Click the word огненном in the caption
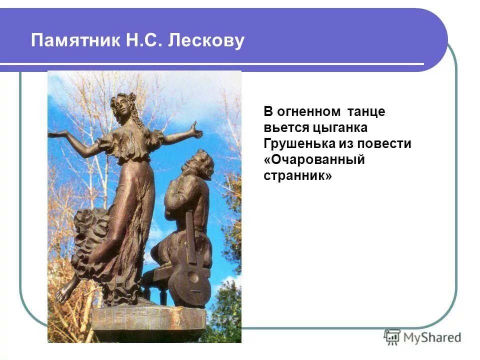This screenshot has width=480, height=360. (305, 111)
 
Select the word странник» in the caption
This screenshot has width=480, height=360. (297, 176)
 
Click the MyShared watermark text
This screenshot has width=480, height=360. (432, 337)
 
